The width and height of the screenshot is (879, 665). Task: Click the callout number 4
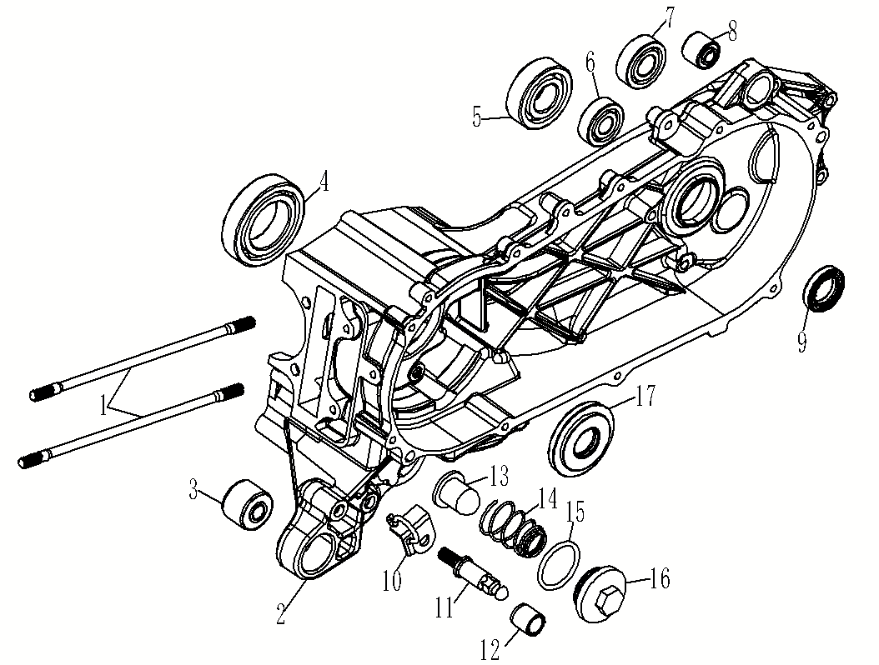click(x=320, y=179)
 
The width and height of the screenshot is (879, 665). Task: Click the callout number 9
click(x=801, y=342)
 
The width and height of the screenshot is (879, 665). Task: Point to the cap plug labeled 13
click(x=455, y=494)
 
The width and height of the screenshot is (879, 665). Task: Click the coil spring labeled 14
click(x=510, y=532)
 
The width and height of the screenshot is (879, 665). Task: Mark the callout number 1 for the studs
click(x=105, y=406)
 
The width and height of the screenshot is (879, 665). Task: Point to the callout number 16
click(x=659, y=579)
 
